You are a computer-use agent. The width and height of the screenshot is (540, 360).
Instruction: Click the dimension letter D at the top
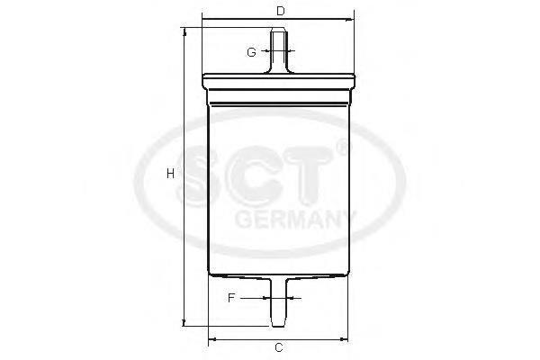[x=280, y=11]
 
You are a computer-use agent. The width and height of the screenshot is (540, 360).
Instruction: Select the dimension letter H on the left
[x=170, y=174]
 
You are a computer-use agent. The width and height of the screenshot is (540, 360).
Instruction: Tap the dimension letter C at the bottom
[x=279, y=347]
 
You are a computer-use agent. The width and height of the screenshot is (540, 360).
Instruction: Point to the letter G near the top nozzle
[x=251, y=52]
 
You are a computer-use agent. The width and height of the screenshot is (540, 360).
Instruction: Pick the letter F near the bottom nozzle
[x=231, y=297]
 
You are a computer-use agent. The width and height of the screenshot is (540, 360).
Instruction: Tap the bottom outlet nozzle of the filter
[x=280, y=301]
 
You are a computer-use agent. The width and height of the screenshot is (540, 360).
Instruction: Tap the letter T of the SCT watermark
[x=317, y=175]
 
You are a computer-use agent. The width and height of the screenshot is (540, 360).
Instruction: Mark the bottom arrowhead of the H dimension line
[x=184, y=322]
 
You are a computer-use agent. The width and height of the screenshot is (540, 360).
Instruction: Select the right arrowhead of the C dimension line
[x=346, y=339]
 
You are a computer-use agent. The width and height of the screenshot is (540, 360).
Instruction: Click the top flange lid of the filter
[x=280, y=78]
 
